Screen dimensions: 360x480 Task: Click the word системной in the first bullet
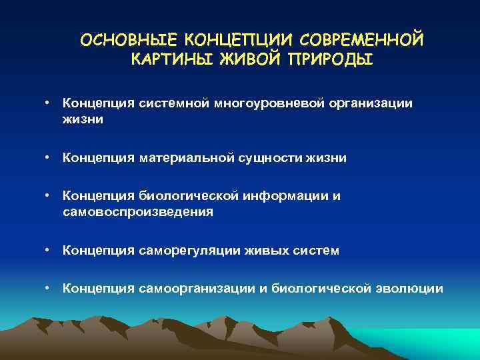170,103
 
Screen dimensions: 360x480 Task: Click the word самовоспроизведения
138,212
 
